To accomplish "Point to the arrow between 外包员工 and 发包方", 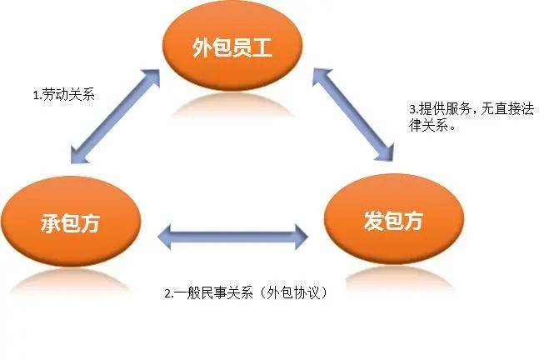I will [352, 114].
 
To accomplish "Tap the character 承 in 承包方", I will [48, 224].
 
